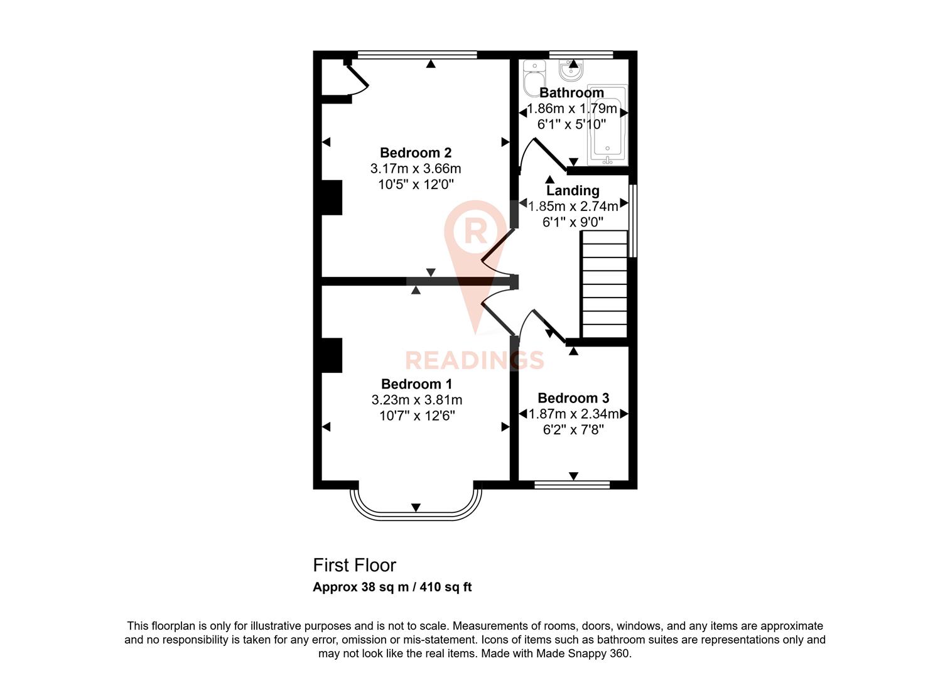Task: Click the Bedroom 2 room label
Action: point(415,153)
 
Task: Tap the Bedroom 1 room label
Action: point(416,384)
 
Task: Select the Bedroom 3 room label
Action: point(573,398)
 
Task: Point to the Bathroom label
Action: point(571,93)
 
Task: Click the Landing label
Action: point(572,190)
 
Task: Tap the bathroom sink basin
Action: point(571,69)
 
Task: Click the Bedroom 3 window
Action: point(572,484)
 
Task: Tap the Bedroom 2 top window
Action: point(417,55)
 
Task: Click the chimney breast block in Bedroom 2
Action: point(332,198)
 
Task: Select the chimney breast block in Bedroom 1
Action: point(332,355)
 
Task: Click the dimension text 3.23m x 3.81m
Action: point(416,400)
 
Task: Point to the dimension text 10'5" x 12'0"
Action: point(415,185)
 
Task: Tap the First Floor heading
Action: point(354,565)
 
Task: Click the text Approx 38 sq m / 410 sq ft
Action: point(392,588)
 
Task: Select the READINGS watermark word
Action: point(474,360)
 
